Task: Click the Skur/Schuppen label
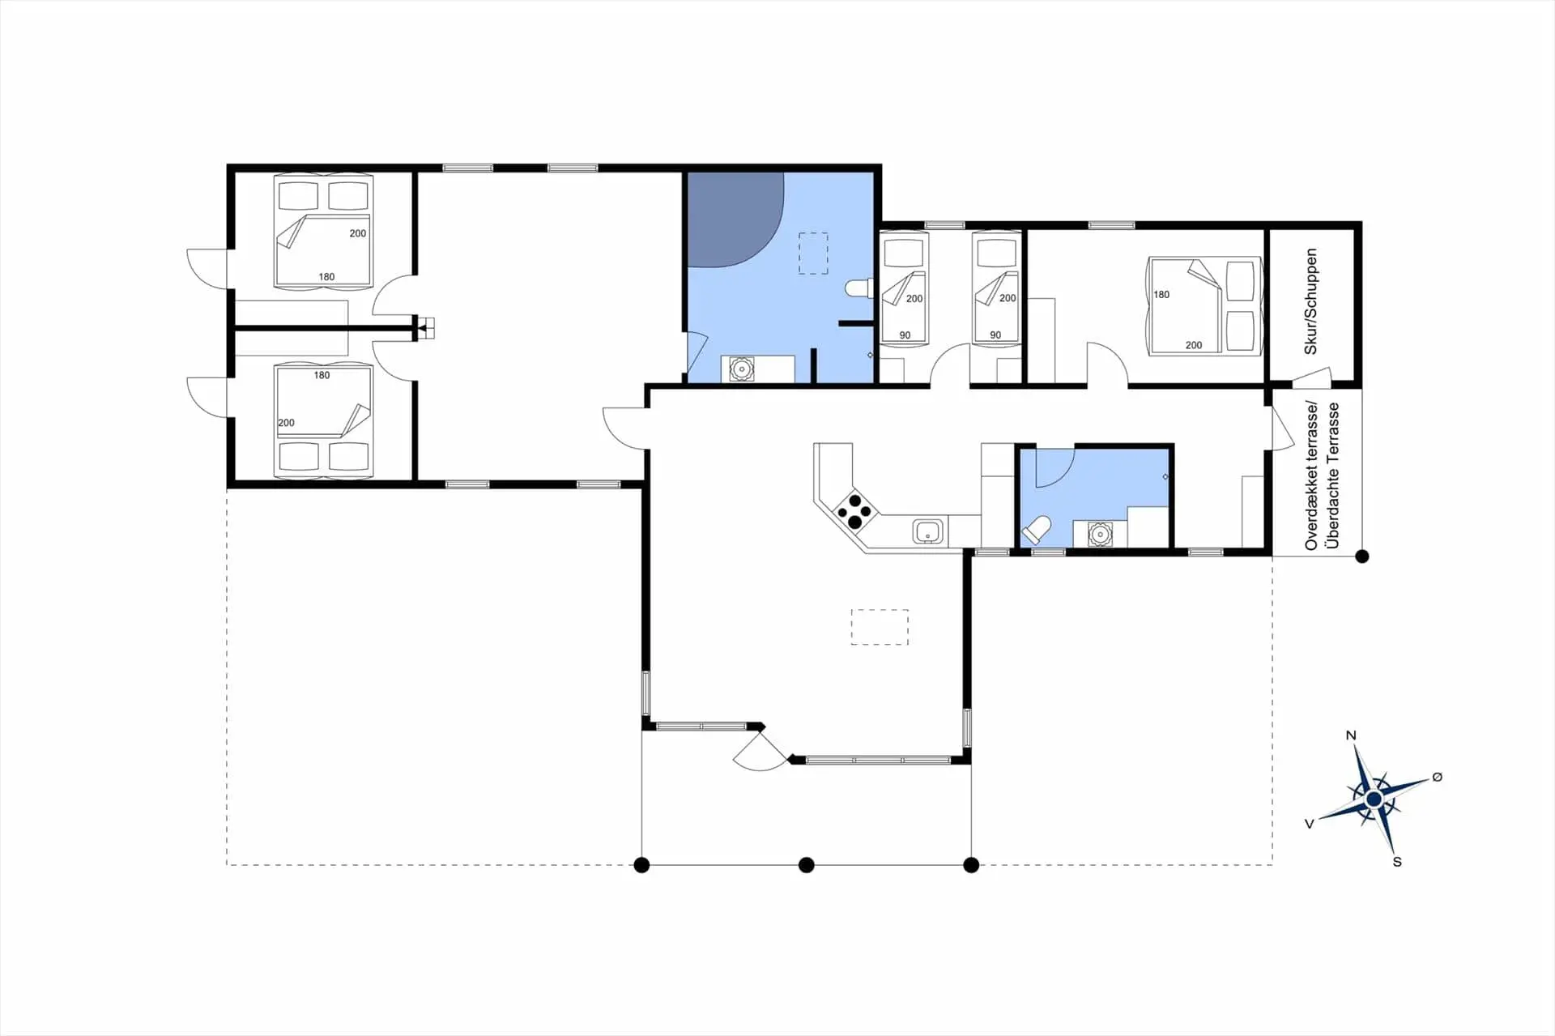1311,301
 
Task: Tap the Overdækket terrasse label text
1313,476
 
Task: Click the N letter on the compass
1351,735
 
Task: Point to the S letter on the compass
1397,862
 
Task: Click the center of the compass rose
1374,799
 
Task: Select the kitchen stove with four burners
855,511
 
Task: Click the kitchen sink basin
927,531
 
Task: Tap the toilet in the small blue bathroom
1036,531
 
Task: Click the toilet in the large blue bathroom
857,288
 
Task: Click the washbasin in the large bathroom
741,369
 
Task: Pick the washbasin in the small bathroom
1099,535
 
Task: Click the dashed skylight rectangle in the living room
880,627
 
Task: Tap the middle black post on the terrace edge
806,865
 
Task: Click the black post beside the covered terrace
1362,556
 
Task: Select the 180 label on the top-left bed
326,277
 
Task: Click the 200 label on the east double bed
1194,345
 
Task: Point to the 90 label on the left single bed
905,335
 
